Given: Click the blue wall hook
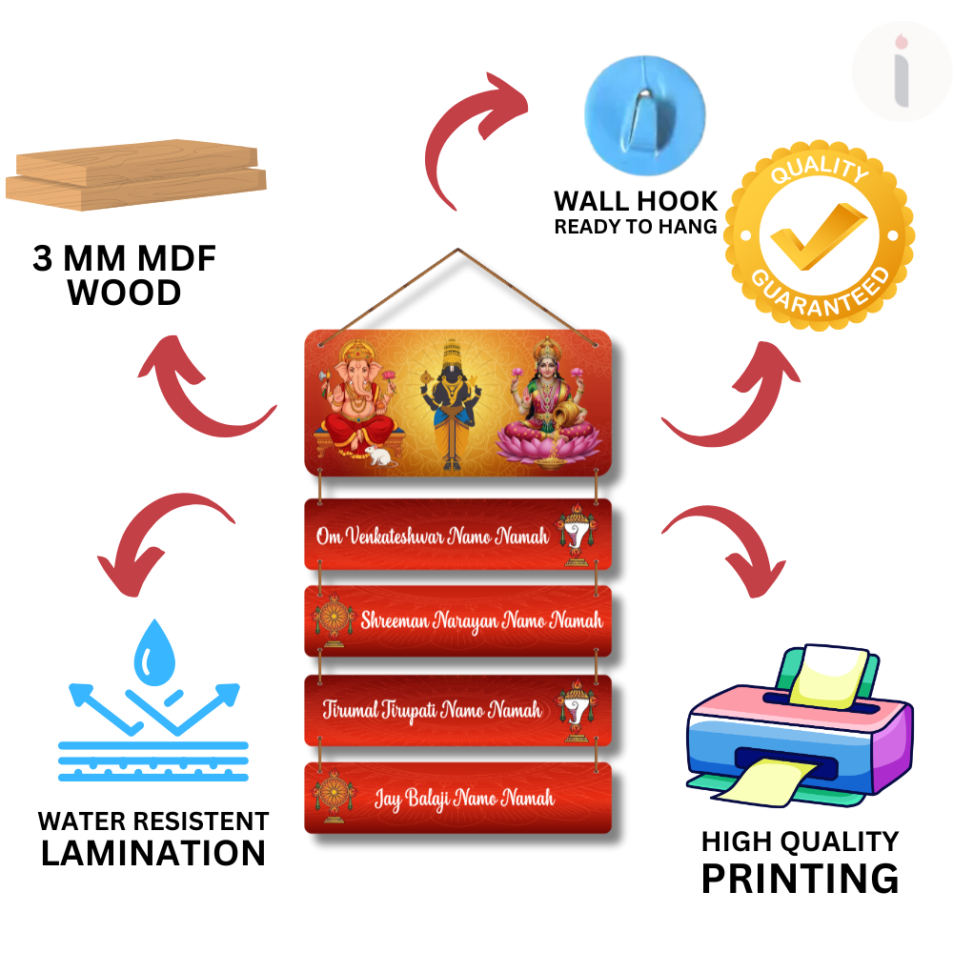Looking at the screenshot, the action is click(x=644, y=115).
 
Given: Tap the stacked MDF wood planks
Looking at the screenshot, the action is click(x=136, y=175).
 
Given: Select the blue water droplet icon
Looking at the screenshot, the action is click(x=154, y=653).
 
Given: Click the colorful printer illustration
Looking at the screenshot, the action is click(x=800, y=726).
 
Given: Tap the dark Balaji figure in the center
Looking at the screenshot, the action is click(x=451, y=404).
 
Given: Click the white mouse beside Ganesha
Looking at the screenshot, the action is click(x=378, y=456).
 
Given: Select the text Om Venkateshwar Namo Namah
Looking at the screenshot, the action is click(x=433, y=536).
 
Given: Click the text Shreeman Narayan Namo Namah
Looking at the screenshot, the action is click(x=481, y=621).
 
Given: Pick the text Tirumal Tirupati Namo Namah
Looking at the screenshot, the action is click(x=432, y=710).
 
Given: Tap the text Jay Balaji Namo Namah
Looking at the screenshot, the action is click(x=464, y=798).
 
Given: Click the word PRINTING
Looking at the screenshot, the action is click(x=800, y=879).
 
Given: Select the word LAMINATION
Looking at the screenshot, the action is click(x=153, y=853).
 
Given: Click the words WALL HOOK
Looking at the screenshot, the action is click(x=636, y=201).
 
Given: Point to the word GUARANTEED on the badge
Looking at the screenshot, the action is click(x=821, y=293).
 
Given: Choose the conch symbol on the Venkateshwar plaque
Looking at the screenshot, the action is click(x=575, y=535).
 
